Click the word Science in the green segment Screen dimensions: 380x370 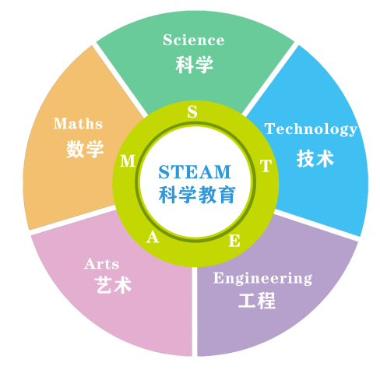pyautogui.click(x=194, y=40)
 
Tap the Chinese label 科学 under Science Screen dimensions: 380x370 pyautogui.click(x=195, y=65)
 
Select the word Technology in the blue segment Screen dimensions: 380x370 pyautogui.click(x=311, y=129)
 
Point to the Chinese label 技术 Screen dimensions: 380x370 pyautogui.click(x=315, y=158)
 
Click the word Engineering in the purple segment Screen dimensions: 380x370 pyautogui.click(x=262, y=278)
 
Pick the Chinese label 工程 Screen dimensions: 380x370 pyautogui.click(x=257, y=301)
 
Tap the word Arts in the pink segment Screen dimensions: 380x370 pyautogui.click(x=101, y=264)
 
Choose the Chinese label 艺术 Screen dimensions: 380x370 pyautogui.click(x=113, y=285)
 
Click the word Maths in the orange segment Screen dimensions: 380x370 pyautogui.click(x=78, y=123)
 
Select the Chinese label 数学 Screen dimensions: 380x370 pyautogui.click(x=85, y=149)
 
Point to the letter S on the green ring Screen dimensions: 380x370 pyautogui.click(x=192, y=112)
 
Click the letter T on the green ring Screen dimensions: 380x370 pyautogui.click(x=266, y=166)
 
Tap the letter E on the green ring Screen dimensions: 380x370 pyautogui.click(x=234, y=241)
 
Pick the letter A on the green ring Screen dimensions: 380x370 pyautogui.click(x=153, y=237)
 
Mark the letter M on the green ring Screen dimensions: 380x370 pyautogui.click(x=128, y=160)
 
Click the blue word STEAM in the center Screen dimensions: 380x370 pyautogui.click(x=195, y=172)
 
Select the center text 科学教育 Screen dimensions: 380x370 pyautogui.click(x=197, y=195)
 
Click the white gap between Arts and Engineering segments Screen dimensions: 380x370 pyautogui.click(x=195, y=312)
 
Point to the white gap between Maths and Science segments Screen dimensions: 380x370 pyautogui.click(x=120, y=79)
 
